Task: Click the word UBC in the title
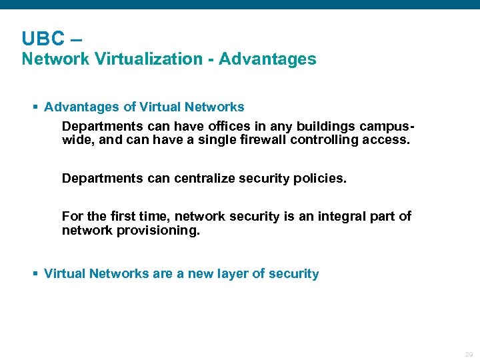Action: tap(42, 39)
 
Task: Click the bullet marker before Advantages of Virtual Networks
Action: tap(36, 107)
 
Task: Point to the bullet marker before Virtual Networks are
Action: tap(36, 274)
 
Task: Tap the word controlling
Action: tap(321, 141)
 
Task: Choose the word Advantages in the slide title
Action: tap(267, 59)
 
